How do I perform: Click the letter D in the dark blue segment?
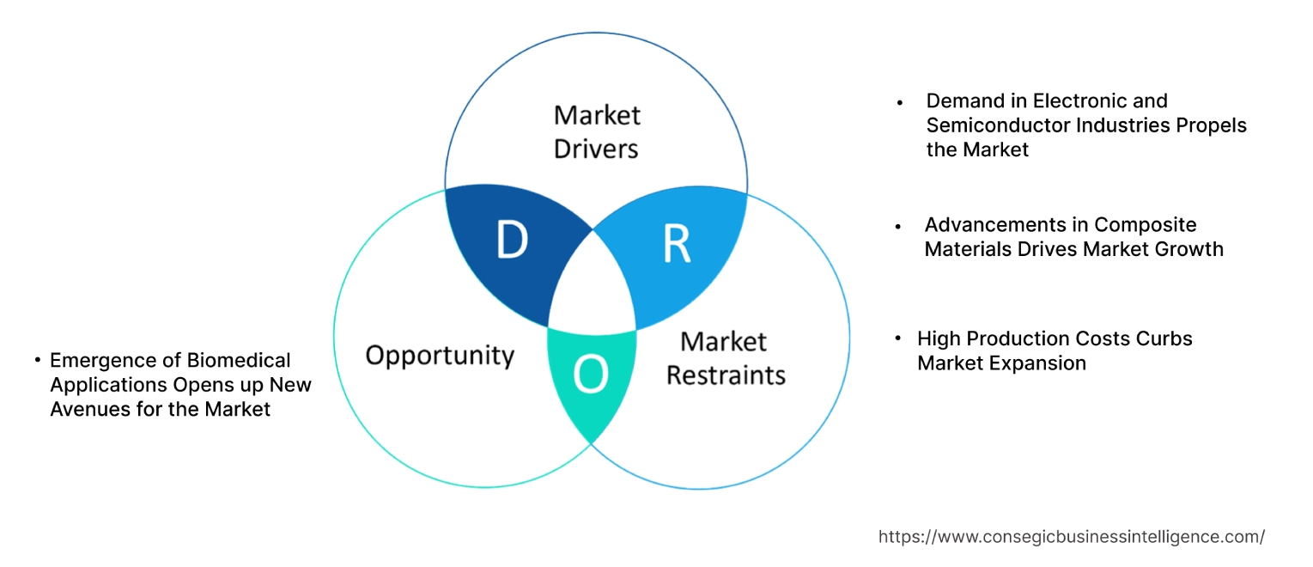pyautogui.click(x=512, y=241)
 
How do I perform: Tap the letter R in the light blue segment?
pyautogui.click(x=677, y=244)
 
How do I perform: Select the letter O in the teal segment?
pyautogui.click(x=592, y=375)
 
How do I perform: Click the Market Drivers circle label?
pyautogui.click(x=596, y=131)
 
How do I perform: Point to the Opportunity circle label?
pyautogui.click(x=440, y=355)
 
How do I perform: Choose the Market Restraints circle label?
pyautogui.click(x=726, y=358)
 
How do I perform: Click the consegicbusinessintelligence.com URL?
pyautogui.click(x=1071, y=537)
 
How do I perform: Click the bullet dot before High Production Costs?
pyautogui.click(x=898, y=338)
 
